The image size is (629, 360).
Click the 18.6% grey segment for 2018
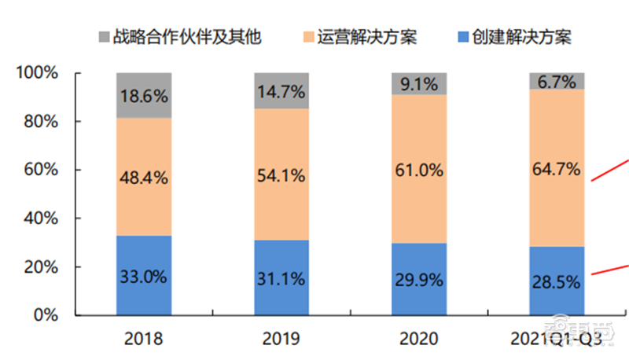[x=144, y=95]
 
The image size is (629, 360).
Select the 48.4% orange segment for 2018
[x=144, y=177]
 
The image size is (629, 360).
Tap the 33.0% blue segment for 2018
[x=144, y=276]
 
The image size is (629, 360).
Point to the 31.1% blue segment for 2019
[x=281, y=278]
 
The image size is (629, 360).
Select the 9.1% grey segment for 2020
[x=418, y=83]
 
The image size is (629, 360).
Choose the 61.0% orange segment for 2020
[x=418, y=169]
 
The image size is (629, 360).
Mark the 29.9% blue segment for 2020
[x=418, y=280]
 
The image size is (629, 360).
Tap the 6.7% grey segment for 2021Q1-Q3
[x=556, y=81]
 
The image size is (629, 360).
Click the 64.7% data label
[x=556, y=168]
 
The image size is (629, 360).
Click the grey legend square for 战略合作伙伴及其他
[x=105, y=36]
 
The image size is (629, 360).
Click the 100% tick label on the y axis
[x=38, y=73]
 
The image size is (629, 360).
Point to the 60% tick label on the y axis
[x=42, y=170]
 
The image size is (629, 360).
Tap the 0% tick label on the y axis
[x=46, y=315]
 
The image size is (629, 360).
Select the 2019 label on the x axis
[x=281, y=340]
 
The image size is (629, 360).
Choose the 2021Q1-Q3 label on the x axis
[x=556, y=340]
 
